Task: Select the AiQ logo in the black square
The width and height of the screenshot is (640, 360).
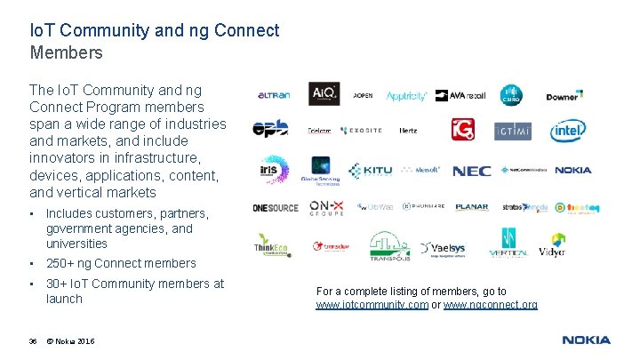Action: click(324, 94)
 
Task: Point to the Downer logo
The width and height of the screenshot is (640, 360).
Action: click(564, 96)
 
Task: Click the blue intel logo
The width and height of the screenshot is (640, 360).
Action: click(567, 131)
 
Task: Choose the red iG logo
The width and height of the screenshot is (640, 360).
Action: click(463, 131)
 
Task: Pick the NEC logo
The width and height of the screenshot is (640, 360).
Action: click(471, 171)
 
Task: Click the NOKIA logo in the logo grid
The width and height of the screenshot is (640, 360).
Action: click(572, 171)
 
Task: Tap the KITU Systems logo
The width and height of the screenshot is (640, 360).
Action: click(370, 171)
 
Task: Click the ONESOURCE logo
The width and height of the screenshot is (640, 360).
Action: click(275, 208)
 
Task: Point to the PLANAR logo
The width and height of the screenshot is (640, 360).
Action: click(471, 207)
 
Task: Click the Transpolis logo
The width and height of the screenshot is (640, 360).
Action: click(389, 247)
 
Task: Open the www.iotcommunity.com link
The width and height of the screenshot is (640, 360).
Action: click(372, 305)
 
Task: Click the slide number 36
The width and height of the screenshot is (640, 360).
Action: click(33, 342)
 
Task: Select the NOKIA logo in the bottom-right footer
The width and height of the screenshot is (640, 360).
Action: click(586, 340)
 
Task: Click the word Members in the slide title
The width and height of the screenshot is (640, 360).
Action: click(67, 52)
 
